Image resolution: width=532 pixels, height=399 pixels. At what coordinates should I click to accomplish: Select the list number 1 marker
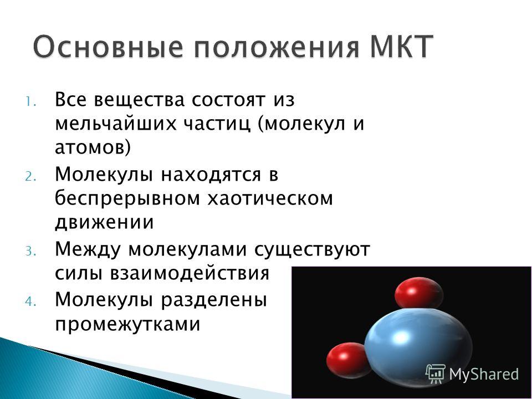point(30,102)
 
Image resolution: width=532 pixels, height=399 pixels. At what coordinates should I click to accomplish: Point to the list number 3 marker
point(30,252)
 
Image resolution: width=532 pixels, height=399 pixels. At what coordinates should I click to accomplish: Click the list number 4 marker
point(30,301)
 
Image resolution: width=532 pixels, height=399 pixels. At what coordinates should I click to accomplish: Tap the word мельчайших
point(116,124)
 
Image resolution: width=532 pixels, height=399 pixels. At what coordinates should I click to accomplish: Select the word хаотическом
point(270,198)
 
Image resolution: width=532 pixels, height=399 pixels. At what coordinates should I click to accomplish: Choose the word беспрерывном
point(127,199)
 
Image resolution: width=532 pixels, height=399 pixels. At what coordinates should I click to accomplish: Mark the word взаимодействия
point(190,273)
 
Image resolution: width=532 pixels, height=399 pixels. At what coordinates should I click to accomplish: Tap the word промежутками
point(127,324)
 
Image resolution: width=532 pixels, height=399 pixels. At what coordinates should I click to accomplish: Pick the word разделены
point(214,300)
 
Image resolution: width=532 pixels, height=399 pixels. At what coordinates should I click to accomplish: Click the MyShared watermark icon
point(436,374)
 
